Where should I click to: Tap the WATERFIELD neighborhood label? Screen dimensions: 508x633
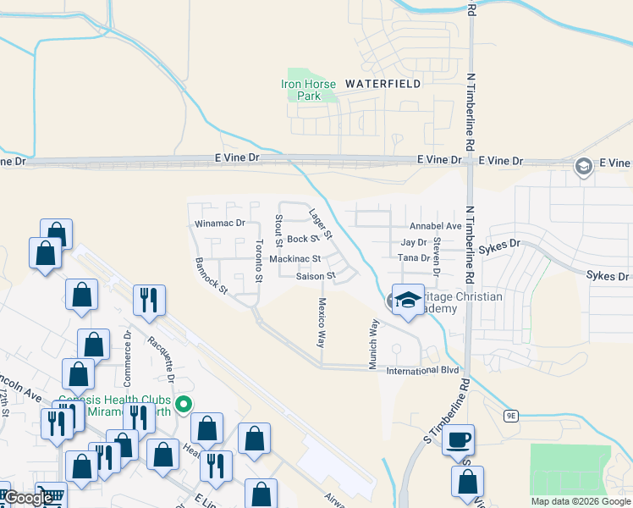[383, 84]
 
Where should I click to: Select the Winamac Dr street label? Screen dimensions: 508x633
[219, 224]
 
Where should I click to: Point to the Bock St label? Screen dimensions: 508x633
[302, 240]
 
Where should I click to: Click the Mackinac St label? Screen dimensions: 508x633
[295, 259]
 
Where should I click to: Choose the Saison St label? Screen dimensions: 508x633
[316, 276]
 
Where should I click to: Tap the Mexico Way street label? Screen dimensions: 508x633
[322, 323]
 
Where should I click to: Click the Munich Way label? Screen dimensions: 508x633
[372, 343]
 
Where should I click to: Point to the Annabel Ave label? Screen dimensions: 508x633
[436, 227]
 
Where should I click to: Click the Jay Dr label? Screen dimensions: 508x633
[413, 242]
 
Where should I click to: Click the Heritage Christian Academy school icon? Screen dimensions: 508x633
[407, 300]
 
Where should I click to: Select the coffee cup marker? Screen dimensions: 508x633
[458, 440]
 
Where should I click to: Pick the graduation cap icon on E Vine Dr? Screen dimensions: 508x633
[583, 166]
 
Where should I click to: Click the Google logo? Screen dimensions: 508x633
[28, 498]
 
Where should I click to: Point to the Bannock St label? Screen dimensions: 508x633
[212, 276]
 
